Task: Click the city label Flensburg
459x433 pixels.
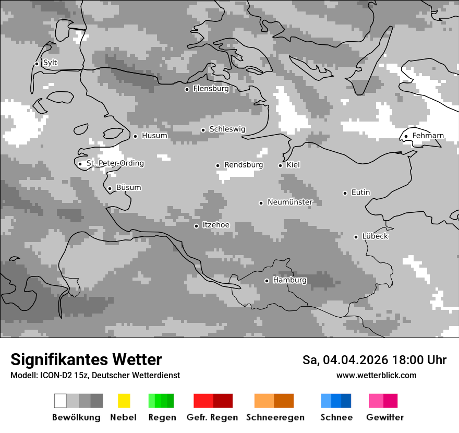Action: (211, 89)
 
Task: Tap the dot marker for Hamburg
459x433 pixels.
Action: (267, 281)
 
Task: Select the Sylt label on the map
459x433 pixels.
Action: (50, 63)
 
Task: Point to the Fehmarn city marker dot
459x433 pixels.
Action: (406, 137)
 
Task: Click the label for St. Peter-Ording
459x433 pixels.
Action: (115, 163)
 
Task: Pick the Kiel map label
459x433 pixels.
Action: (293, 165)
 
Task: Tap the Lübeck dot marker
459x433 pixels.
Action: (356, 237)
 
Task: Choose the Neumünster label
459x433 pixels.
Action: (290, 202)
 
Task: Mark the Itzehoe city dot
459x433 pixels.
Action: (196, 226)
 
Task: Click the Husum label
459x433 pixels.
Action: (154, 136)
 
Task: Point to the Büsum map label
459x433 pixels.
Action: (128, 188)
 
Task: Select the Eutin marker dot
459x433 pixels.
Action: (345, 193)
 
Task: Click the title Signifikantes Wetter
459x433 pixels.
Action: (86, 359)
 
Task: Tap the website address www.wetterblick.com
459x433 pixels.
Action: (376, 375)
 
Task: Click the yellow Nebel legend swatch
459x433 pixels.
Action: (124, 401)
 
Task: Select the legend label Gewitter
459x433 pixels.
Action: (385, 417)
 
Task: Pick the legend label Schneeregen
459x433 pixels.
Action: (275, 417)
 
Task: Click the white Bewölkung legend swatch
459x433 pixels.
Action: (61, 401)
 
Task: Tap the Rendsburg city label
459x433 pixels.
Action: (243, 165)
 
